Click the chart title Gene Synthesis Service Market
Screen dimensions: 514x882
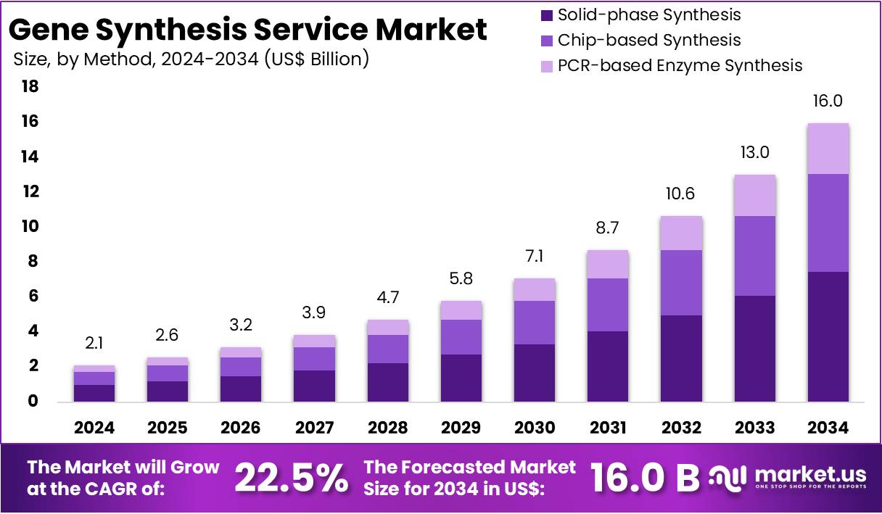point(247,30)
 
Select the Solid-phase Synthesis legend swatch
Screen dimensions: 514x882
point(547,14)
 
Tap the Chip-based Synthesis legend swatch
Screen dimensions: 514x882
point(547,41)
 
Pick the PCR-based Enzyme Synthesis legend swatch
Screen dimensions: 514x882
point(547,66)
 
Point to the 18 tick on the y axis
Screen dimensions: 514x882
point(30,87)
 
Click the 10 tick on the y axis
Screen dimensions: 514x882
point(30,227)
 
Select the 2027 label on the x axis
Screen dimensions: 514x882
point(314,428)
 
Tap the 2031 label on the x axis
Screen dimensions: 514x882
point(608,428)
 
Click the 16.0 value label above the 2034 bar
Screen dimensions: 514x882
point(828,101)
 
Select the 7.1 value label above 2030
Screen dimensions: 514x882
point(535,256)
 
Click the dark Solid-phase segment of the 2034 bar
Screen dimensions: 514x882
point(828,336)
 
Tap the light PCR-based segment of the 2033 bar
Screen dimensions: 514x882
point(754,195)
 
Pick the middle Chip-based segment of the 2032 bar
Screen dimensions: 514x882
point(681,283)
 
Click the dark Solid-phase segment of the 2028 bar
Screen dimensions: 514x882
point(387,382)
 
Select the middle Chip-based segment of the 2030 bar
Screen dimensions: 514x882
point(535,323)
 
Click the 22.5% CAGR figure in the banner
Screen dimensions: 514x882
point(291,477)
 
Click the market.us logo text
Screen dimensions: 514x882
point(810,475)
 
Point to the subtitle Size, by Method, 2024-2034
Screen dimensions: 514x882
point(191,59)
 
